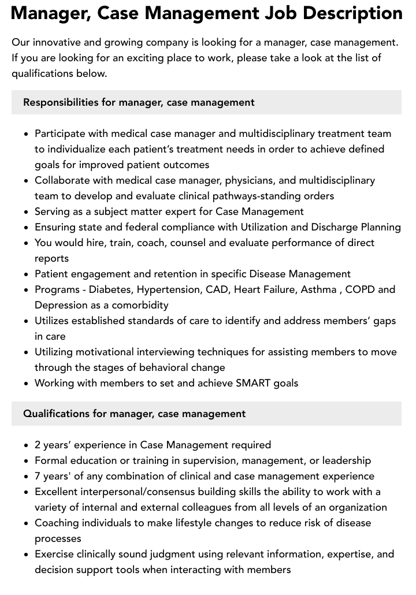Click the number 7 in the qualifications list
click(x=38, y=476)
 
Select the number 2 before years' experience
click(x=38, y=445)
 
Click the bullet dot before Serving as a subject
click(x=27, y=212)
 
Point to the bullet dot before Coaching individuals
click(x=27, y=523)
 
